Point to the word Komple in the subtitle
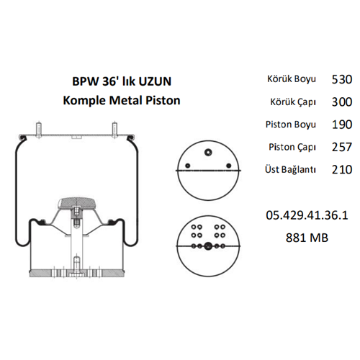[x=85, y=100]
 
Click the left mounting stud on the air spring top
[x=37, y=131]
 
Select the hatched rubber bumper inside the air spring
[x=76, y=202]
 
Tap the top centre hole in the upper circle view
[x=207, y=151]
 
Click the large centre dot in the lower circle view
[x=207, y=246]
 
